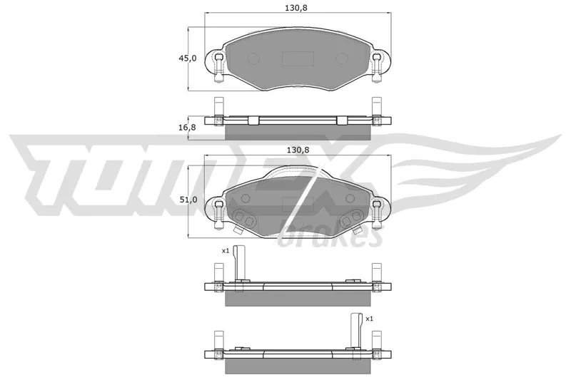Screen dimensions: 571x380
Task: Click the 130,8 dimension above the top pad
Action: click(296, 8)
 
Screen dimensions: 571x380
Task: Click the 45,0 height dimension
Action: click(188, 58)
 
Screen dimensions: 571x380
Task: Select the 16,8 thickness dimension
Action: click(188, 128)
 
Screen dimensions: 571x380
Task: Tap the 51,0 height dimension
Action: click(188, 200)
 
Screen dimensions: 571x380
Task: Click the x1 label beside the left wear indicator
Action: click(226, 250)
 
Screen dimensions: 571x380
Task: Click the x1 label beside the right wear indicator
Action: click(369, 319)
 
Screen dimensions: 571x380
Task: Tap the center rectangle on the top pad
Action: click(298, 58)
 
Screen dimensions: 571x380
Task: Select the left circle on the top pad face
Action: click(253, 58)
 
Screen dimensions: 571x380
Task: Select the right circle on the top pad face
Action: click(342, 58)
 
